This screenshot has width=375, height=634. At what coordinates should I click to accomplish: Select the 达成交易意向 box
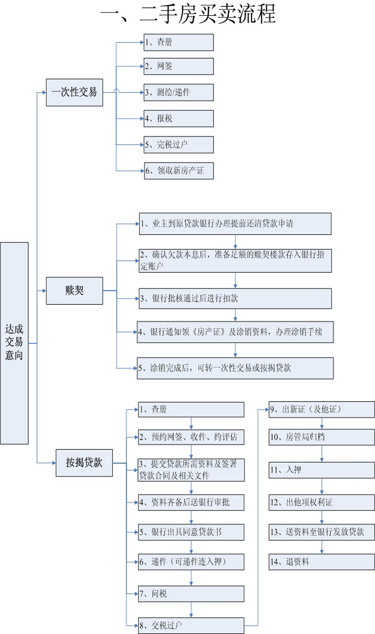pos(14,343)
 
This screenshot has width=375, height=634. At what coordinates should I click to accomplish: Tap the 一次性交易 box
pos(74,92)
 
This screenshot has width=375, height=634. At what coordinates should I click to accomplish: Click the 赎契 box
pos(74,291)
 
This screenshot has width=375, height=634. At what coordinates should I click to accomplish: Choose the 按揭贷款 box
pos(84,463)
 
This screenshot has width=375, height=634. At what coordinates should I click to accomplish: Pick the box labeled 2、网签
pos(179,66)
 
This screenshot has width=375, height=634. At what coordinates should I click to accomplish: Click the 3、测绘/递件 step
pos(179,93)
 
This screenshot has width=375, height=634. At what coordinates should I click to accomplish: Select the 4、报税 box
pos(179,119)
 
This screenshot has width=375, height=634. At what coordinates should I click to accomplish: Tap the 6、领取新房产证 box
pos(179,171)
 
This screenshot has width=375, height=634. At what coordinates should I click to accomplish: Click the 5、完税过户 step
pos(179,144)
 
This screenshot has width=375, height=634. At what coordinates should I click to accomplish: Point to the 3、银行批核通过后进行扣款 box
pos(235,298)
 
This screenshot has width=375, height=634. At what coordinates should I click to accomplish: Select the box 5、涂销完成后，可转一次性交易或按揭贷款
pos(235,368)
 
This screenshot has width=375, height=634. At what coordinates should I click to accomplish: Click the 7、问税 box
pos(191,594)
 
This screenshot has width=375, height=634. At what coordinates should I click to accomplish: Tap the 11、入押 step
pos(322,470)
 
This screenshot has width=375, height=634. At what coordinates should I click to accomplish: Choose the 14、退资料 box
pos(322,561)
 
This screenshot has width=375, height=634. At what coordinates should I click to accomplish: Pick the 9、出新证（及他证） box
pos(322,410)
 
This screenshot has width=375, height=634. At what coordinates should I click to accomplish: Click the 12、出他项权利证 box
pos(322,502)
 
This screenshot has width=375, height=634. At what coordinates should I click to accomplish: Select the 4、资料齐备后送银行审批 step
pos(191,502)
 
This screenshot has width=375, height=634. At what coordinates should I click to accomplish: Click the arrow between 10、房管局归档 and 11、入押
pos(322,454)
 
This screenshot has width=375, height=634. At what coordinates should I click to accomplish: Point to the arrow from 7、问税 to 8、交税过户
pos(191,610)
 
